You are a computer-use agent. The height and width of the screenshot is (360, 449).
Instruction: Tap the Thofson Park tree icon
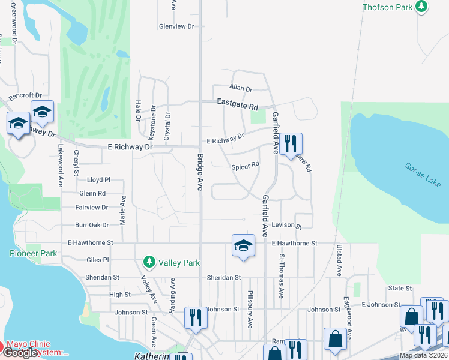coord(422,6)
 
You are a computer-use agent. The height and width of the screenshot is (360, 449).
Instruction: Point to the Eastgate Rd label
coord(237,104)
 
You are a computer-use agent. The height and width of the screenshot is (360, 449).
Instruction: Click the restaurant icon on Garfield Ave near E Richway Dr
coord(291,143)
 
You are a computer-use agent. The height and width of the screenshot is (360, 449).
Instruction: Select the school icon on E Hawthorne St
coord(243,245)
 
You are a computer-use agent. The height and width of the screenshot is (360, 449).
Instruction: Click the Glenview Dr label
coord(177,26)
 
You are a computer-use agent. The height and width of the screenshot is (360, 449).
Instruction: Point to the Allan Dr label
coord(241,88)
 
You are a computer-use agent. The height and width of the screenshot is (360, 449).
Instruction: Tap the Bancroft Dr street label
coord(25,95)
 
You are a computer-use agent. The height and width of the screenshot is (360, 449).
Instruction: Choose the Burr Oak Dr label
coord(92,225)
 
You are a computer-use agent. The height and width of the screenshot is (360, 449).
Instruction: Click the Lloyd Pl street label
coord(99,179)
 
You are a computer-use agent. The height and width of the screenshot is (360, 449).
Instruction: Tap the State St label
coord(400,289)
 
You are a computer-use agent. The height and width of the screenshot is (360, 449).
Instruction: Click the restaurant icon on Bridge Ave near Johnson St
coord(195,316)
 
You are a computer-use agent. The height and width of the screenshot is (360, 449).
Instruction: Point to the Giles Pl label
coord(98,260)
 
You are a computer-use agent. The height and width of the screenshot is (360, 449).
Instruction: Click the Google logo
coord(20,353)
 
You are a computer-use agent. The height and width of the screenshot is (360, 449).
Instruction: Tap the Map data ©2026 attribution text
coord(423,355)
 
